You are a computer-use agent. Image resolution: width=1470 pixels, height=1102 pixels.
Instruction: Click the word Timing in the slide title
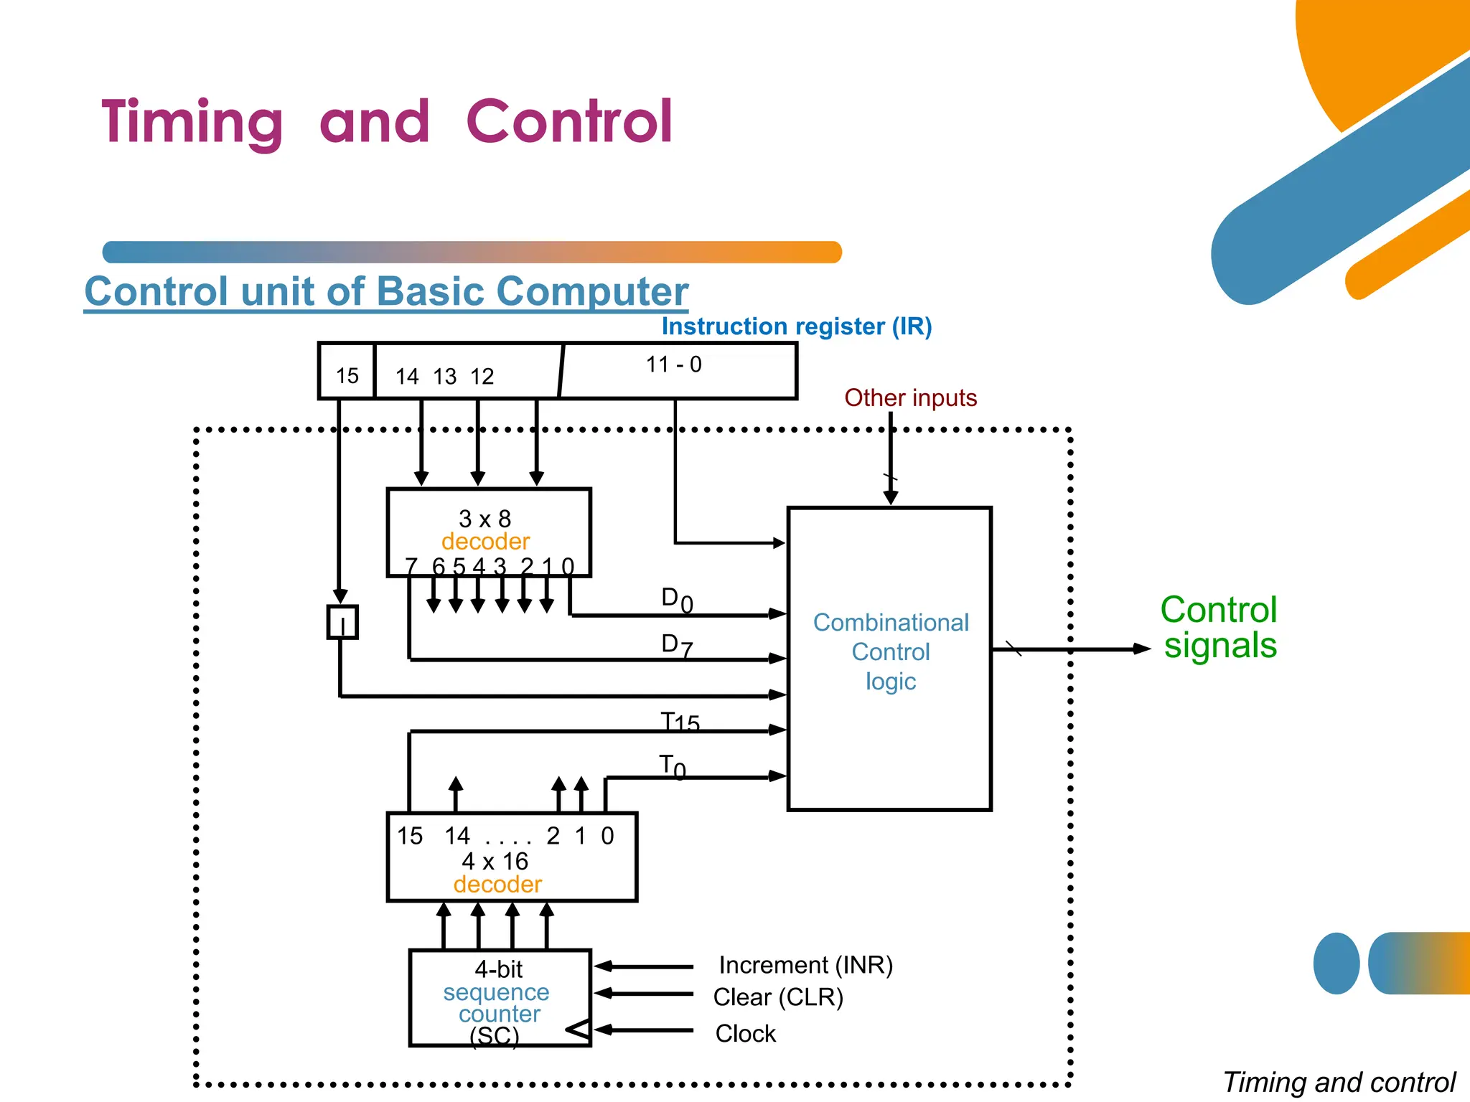pos(192,123)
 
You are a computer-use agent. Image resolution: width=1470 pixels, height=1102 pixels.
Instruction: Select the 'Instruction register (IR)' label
pos(796,326)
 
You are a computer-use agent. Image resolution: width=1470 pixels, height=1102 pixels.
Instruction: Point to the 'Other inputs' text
pos(910,397)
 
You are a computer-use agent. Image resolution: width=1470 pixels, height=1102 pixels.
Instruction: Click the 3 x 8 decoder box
pos(488,531)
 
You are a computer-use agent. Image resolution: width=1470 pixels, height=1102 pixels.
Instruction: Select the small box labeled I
pos(342,622)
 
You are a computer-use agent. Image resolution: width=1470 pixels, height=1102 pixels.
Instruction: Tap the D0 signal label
pos(676,599)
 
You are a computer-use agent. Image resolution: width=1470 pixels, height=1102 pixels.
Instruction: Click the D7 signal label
pos(676,644)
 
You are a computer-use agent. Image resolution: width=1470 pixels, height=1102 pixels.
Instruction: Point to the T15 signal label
pos(679,721)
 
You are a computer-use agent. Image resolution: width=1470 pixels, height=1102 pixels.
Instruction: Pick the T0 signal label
pos(672,766)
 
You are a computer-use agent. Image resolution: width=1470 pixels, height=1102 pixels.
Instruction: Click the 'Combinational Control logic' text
pos(890,651)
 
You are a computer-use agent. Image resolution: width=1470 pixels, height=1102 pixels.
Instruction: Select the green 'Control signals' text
pos(1219,627)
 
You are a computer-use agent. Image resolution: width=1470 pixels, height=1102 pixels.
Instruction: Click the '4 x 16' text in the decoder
pos(495,861)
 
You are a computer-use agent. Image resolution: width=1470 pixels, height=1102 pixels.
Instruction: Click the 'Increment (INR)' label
pos(805,965)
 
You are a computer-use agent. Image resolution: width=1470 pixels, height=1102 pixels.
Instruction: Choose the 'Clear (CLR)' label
pos(778,997)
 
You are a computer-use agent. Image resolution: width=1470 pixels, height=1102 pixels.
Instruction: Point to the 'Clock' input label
pos(745,1033)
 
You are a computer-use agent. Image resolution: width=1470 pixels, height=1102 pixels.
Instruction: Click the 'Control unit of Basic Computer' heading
pos(386,291)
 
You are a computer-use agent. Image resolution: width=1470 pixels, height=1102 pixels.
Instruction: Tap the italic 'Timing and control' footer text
pos(1339,1082)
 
